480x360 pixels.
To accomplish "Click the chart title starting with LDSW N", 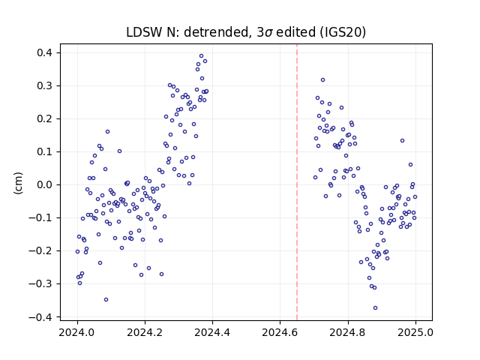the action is click(x=246, y=32).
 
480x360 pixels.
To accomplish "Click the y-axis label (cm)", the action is click(x=18, y=183).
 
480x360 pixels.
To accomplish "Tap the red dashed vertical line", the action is click(x=297, y=182).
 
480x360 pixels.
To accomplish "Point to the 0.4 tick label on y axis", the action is click(x=45, y=53).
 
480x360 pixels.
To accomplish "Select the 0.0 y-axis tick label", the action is click(x=45, y=185).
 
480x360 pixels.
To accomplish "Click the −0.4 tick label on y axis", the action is click(x=41, y=317).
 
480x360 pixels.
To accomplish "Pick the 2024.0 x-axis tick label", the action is click(x=77, y=332).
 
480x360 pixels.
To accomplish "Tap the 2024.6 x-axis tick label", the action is click(x=280, y=332).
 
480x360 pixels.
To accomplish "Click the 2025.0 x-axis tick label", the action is click(x=415, y=332).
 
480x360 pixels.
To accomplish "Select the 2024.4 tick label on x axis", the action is click(x=212, y=332).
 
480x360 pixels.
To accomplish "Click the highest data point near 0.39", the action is click(x=201, y=56).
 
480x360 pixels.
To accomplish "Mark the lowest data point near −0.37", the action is click(x=375, y=308).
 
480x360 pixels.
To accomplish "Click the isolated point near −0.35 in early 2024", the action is click(x=106, y=300).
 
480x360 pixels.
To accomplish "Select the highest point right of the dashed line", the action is click(x=322, y=80).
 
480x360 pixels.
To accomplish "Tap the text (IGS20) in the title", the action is click(x=343, y=32).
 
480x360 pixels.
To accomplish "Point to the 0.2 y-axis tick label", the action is click(x=45, y=118).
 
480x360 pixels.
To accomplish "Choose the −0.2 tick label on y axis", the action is click(x=41, y=251).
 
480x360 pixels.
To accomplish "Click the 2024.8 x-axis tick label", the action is click(x=348, y=332).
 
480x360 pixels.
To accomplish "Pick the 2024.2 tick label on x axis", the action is click(x=145, y=332).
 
